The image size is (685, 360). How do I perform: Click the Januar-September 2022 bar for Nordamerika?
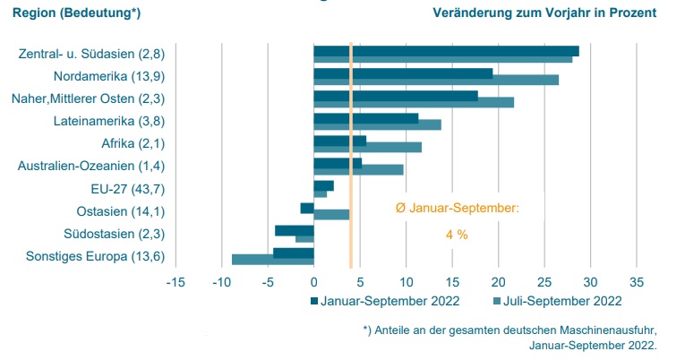coord(403,73)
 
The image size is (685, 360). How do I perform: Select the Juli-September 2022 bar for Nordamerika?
coord(436,81)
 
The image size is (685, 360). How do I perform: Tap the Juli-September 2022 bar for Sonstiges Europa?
coord(272,260)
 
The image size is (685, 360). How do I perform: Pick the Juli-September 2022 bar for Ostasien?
coord(331,215)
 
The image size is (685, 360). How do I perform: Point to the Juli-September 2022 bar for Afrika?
coord(367,147)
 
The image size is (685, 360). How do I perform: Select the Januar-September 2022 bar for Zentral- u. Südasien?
coord(446,51)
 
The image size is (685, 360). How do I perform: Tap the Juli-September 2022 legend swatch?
coord(497,301)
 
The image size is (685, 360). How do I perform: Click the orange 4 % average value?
coord(457,235)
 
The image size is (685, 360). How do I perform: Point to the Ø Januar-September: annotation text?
coord(457,208)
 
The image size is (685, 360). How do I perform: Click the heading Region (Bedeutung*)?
coord(76,13)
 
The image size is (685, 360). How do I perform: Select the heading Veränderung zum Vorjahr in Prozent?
coord(544,13)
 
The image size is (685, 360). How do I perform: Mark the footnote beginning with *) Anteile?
coord(510,337)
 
